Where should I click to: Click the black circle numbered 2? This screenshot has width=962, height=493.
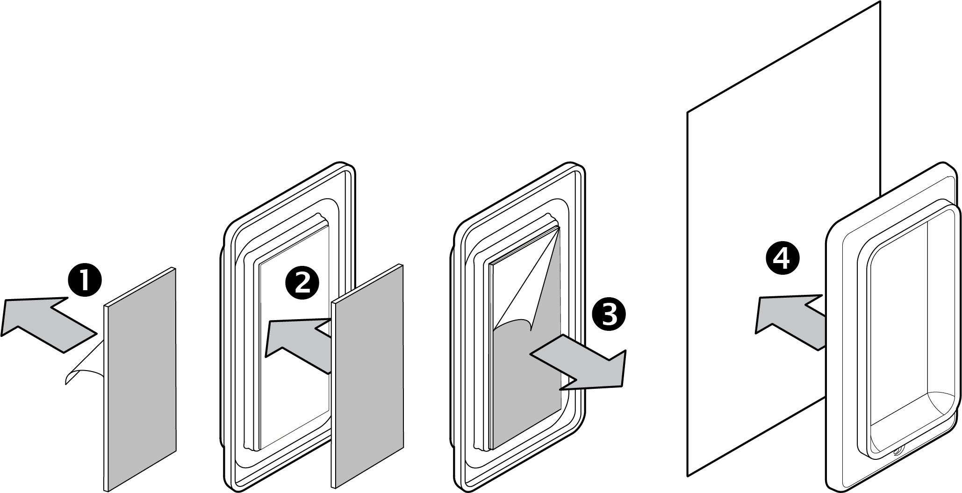(302, 283)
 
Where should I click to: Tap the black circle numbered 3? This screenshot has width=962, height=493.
(608, 314)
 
